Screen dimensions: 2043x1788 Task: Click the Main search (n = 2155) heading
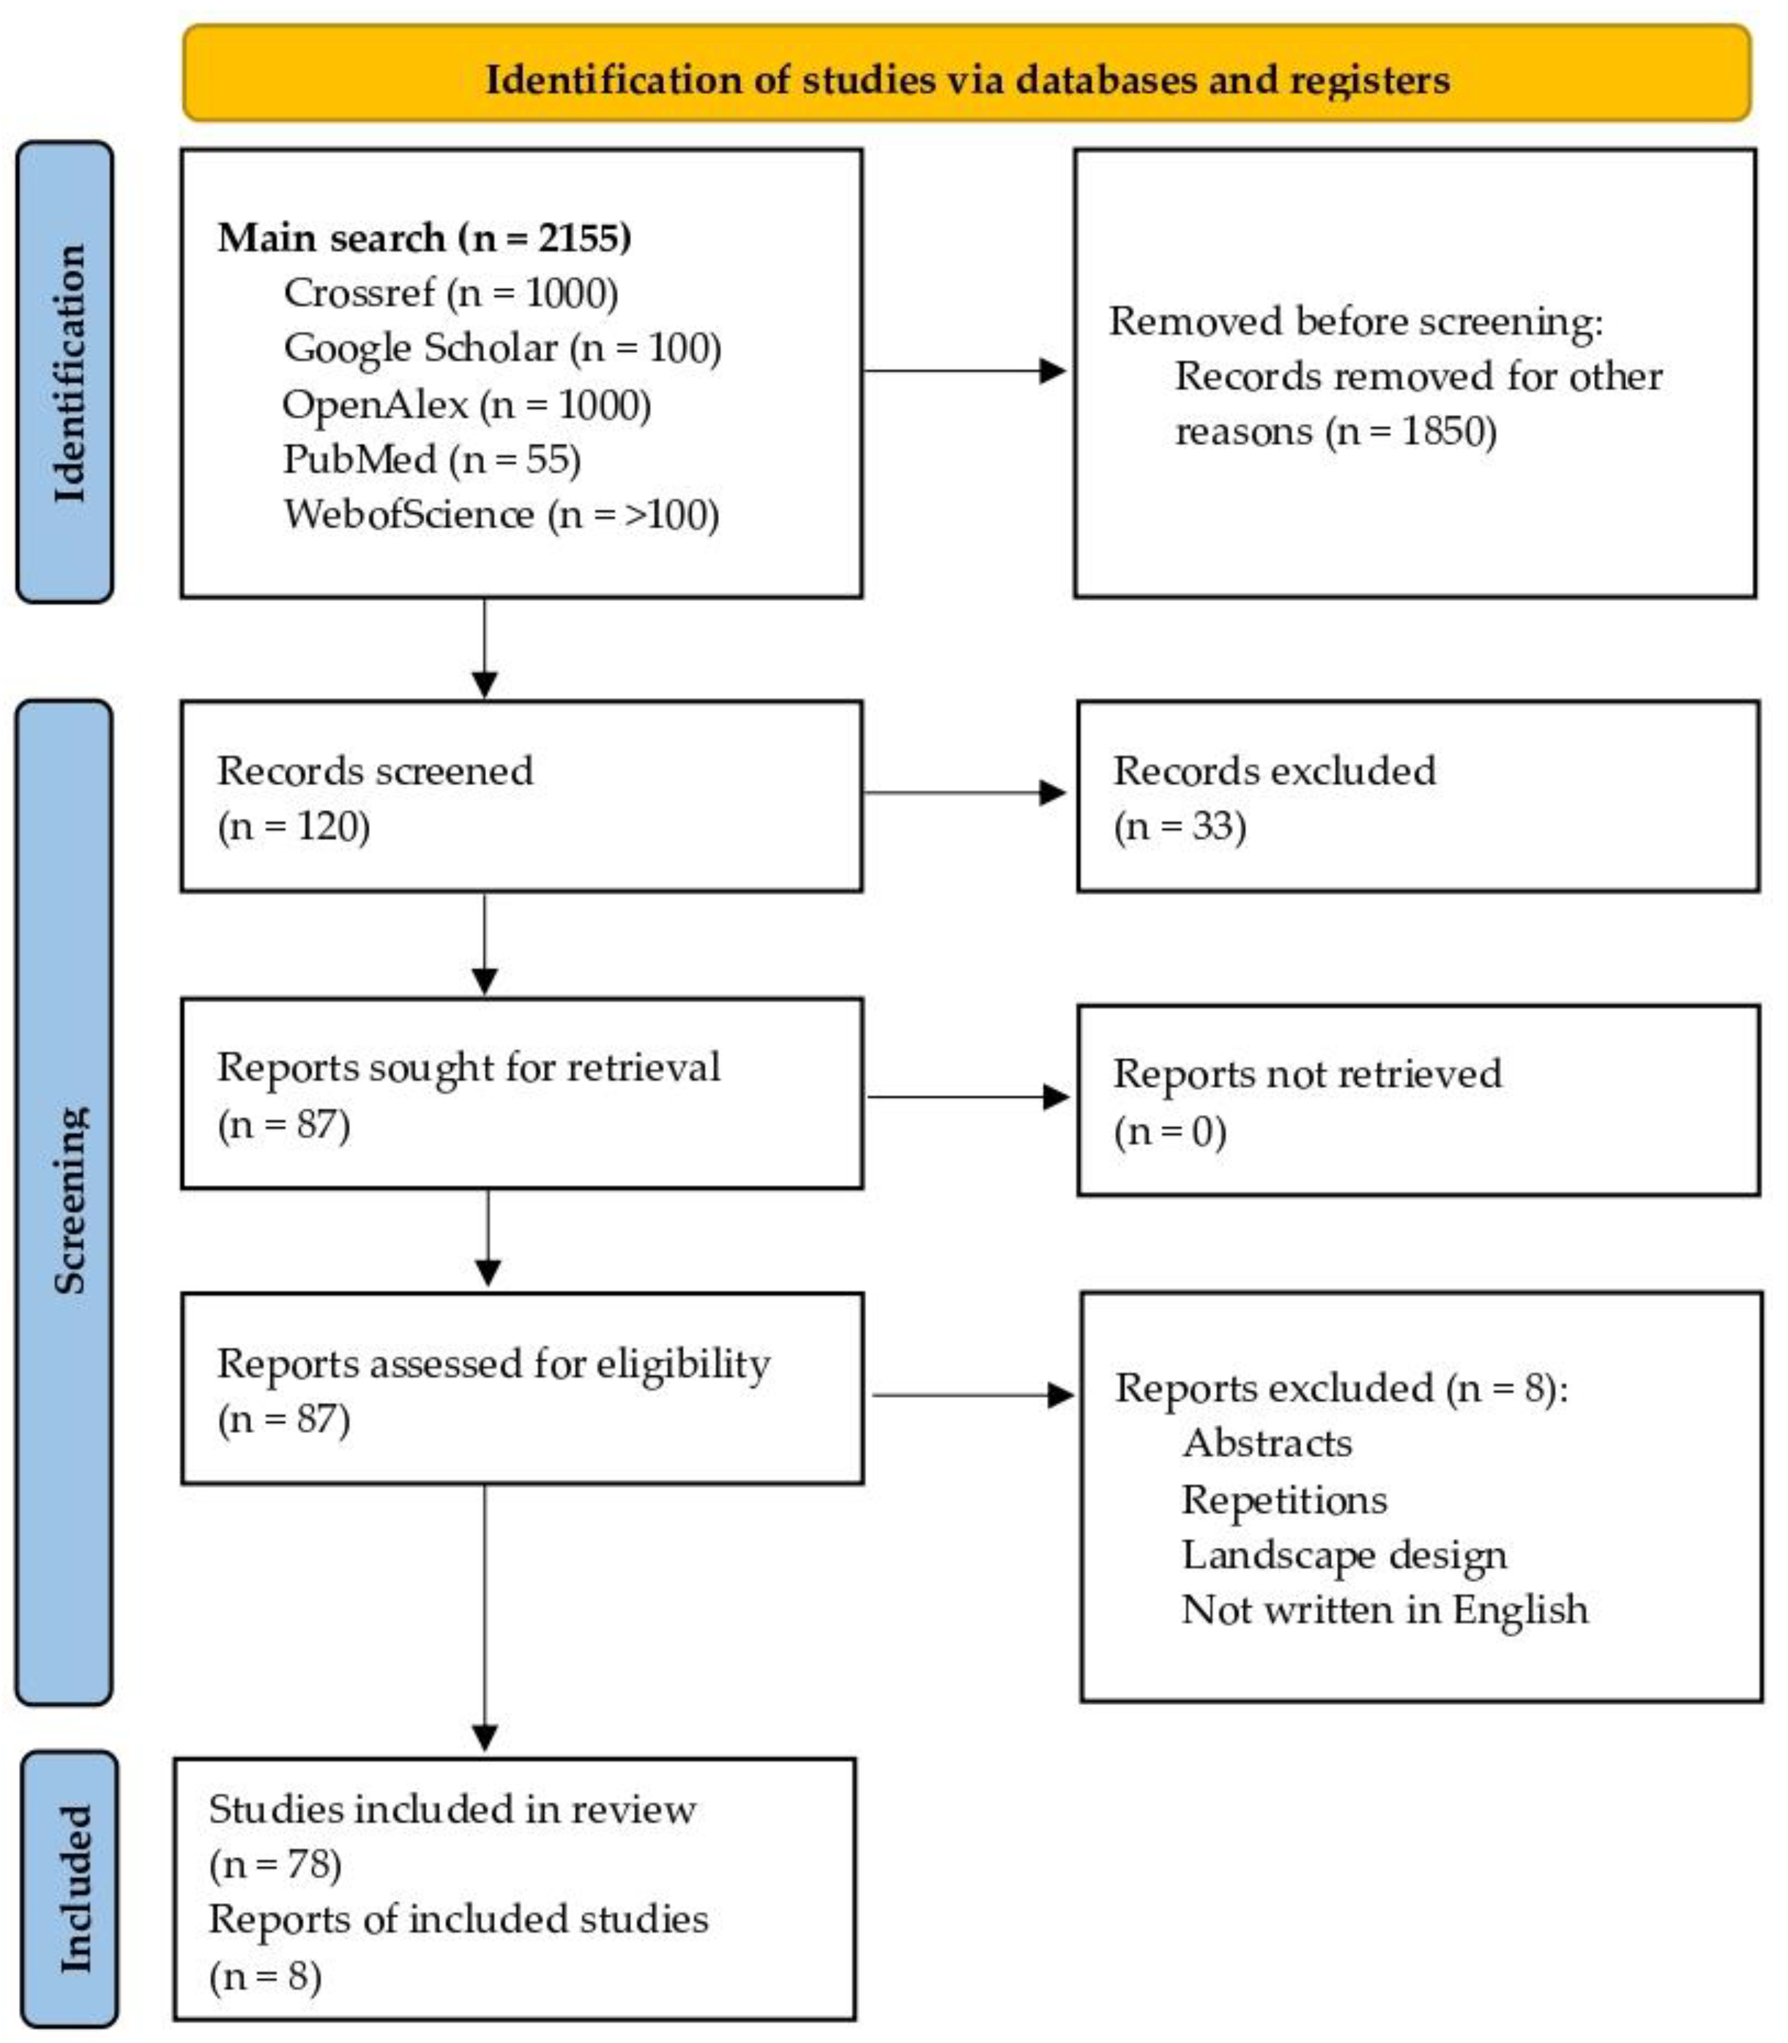point(424,238)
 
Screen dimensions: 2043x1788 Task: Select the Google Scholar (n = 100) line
point(502,348)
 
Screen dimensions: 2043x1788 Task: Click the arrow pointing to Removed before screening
point(964,371)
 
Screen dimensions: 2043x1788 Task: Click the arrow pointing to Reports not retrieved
point(968,1097)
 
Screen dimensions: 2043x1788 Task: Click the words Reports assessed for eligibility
point(493,1363)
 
